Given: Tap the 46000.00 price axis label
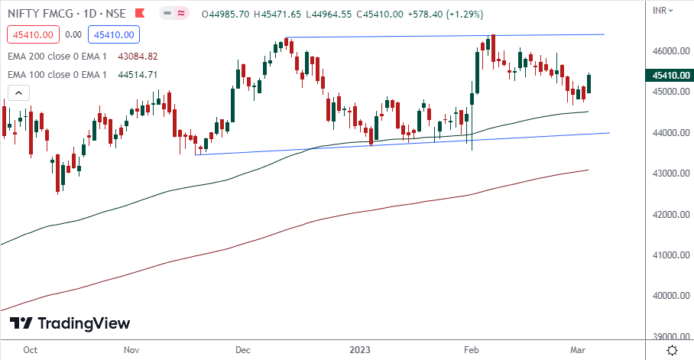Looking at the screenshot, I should coord(670,51).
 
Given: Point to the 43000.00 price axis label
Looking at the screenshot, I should coord(670,174).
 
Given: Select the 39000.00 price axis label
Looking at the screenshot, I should coord(670,336).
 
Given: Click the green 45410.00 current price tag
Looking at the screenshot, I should coord(670,76).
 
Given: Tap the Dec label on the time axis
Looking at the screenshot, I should coord(243,350).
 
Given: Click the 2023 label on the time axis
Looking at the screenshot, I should coord(360,350).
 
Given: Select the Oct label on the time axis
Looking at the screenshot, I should coord(31,350).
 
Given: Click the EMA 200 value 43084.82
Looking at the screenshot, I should coord(138,56).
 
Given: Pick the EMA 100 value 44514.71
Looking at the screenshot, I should coord(138,74).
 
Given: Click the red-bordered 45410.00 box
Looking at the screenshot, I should coord(31,34).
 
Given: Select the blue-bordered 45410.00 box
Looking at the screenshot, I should coord(112,34).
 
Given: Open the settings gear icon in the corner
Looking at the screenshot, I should coord(671,350).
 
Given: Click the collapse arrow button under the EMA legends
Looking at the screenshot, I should coord(18,92).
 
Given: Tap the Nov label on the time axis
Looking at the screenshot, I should coord(131,350).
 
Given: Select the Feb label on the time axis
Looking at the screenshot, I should coord(472,350).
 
